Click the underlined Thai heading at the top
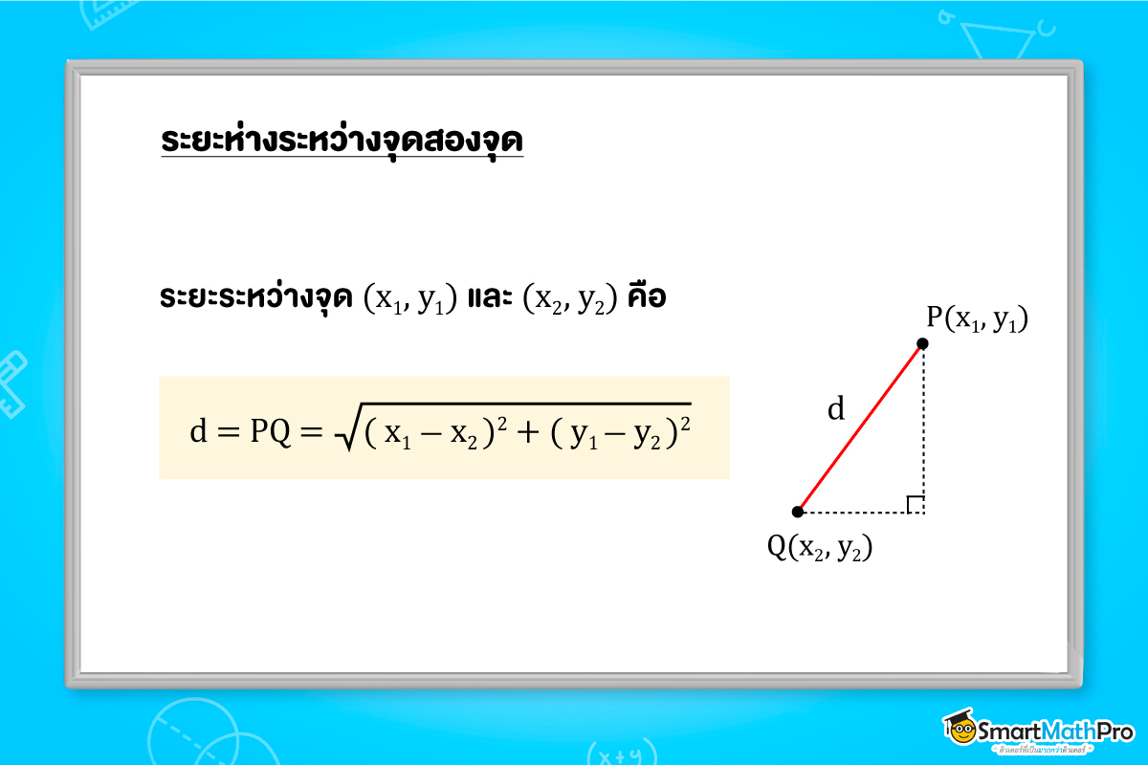coord(342,141)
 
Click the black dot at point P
coord(922,343)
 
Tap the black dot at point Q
coord(798,512)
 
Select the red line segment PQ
coord(860,427)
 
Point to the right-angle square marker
coord(916,504)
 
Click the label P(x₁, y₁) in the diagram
coord(976,319)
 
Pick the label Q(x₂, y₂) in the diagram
coord(821,546)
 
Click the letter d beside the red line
coord(836,410)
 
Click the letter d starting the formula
coord(198,431)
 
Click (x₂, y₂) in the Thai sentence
coord(568,299)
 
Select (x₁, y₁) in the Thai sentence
coord(409,299)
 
